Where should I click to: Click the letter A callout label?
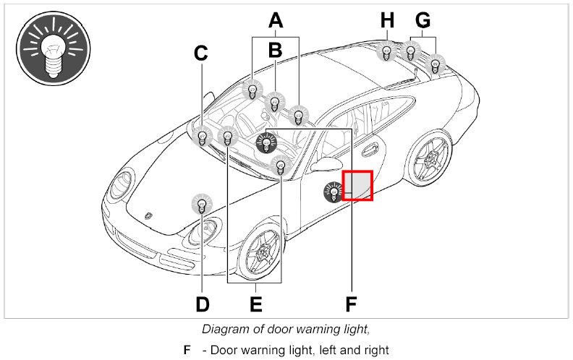[275, 20]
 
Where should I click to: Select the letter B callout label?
[275, 50]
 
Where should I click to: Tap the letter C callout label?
[201, 53]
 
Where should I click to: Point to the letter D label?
[203, 304]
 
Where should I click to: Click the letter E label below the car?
[255, 304]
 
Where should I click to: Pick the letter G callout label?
[422, 20]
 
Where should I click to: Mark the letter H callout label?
[388, 20]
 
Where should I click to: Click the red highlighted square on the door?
[357, 185]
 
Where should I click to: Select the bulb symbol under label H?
[387, 51]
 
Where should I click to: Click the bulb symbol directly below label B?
[273, 102]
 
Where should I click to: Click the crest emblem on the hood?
[149, 215]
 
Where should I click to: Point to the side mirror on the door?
[325, 162]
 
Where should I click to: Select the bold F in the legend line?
[187, 350]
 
